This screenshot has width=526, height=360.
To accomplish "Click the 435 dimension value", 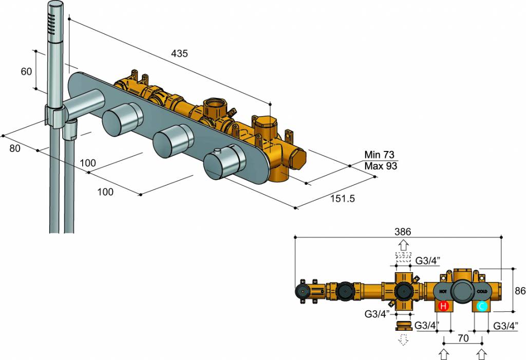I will (180, 53).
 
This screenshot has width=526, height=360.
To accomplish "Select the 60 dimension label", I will (26, 71).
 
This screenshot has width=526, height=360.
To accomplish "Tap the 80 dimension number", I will (15, 148).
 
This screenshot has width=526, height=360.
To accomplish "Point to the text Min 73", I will (380, 155).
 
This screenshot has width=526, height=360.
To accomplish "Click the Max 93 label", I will (381, 166).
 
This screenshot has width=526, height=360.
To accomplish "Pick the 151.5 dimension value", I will (343, 198).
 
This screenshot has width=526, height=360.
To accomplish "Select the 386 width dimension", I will (403, 232).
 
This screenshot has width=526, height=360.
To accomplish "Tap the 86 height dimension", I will (519, 290).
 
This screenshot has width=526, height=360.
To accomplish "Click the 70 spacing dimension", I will (463, 338).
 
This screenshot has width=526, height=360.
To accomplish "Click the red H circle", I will (444, 307).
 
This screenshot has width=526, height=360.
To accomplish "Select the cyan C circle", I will (482, 307).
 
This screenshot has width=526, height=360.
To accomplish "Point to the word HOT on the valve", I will (443, 291).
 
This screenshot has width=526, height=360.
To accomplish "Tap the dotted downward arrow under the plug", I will (403, 339).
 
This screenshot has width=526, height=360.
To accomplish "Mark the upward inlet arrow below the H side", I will (444, 354).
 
